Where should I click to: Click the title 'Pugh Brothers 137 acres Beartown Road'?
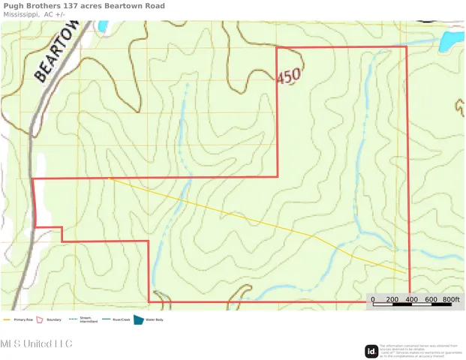coord(84,6)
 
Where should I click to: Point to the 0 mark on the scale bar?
coord(373,299)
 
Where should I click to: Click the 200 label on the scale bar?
coord(392,299)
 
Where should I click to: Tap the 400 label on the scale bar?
coord(411,299)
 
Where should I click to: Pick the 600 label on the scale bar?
coord(431,299)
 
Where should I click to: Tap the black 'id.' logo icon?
coord(371,350)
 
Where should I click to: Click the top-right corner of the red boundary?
coord(407,46)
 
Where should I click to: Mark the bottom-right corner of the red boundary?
coord(410,302)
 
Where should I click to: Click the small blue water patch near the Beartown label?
coord(102,27)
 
